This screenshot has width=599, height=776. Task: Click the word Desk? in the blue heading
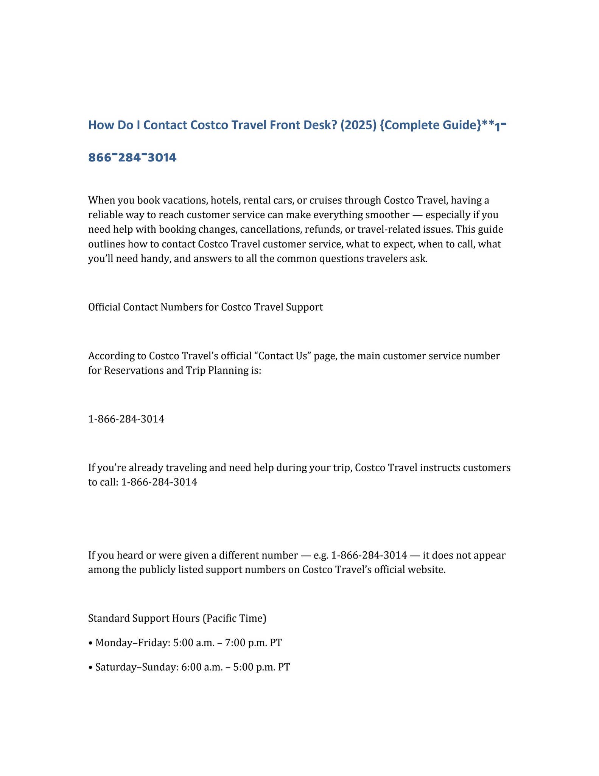[318, 125]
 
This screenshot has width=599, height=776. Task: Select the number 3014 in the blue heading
[162, 157]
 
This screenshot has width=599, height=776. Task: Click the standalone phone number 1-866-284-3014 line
[126, 419]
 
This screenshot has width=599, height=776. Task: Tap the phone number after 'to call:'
[159, 482]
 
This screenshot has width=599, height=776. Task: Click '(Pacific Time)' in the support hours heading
[235, 618]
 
